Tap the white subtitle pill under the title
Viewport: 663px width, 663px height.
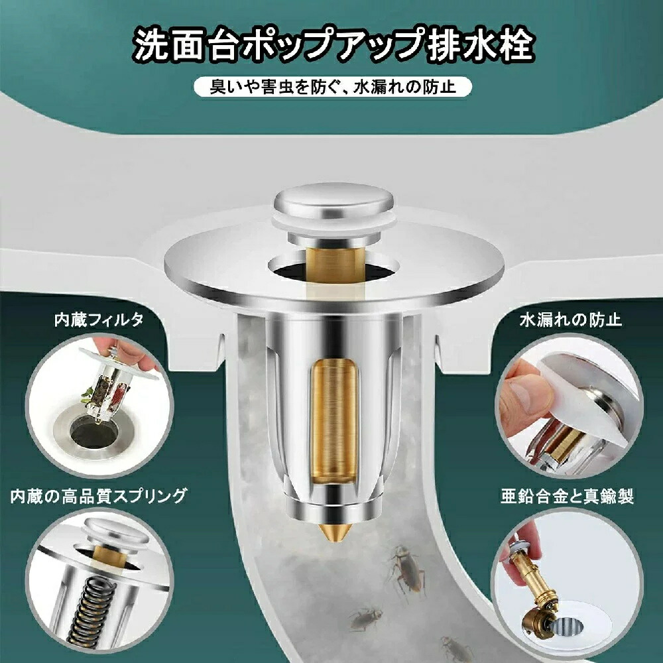pyautogui.click(x=332, y=87)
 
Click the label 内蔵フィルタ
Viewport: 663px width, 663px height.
pyautogui.click(x=99, y=321)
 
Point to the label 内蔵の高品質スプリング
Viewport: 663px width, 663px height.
pyautogui.click(x=99, y=495)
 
